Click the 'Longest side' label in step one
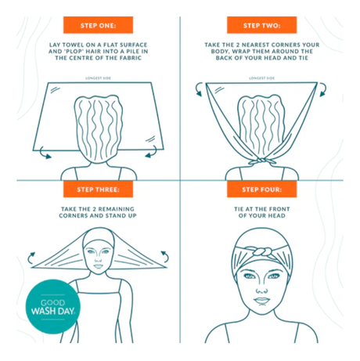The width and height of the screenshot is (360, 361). (92, 78)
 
